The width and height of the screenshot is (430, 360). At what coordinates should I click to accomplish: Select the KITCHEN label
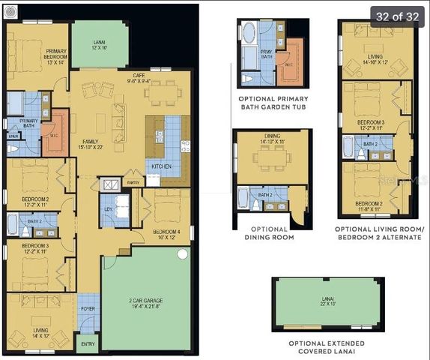point(163,166)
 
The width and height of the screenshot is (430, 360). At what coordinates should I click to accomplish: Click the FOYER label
point(88,307)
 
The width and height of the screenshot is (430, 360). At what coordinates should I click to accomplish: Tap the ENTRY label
point(88,344)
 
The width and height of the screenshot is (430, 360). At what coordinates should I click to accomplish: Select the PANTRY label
point(133,182)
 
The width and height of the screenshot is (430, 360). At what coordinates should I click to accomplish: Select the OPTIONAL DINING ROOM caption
point(269,233)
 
